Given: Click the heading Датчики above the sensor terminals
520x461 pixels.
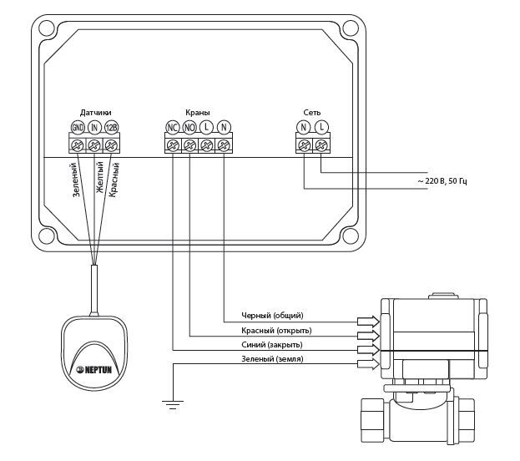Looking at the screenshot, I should (x=95, y=112).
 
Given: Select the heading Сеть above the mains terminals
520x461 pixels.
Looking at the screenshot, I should (x=312, y=112).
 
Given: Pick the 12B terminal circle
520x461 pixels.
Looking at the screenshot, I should (x=112, y=127).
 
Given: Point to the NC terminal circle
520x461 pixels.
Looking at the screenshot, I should (x=173, y=127).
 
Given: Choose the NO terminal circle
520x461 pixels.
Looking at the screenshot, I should (x=189, y=127).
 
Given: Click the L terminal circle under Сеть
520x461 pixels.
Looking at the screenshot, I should (x=321, y=127).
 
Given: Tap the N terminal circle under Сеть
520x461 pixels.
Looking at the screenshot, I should (x=305, y=127).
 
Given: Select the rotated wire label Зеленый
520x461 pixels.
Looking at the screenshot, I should (x=76, y=180).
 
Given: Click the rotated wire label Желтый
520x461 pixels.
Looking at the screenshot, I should (x=100, y=178).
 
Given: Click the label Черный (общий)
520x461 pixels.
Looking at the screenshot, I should (x=272, y=316).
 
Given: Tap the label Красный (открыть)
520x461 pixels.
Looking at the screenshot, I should (x=273, y=330).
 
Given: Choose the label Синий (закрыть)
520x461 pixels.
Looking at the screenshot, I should (x=272, y=344).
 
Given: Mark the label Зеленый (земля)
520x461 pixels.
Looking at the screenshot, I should (x=272, y=358).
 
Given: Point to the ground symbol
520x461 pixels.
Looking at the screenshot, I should (x=172, y=403).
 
